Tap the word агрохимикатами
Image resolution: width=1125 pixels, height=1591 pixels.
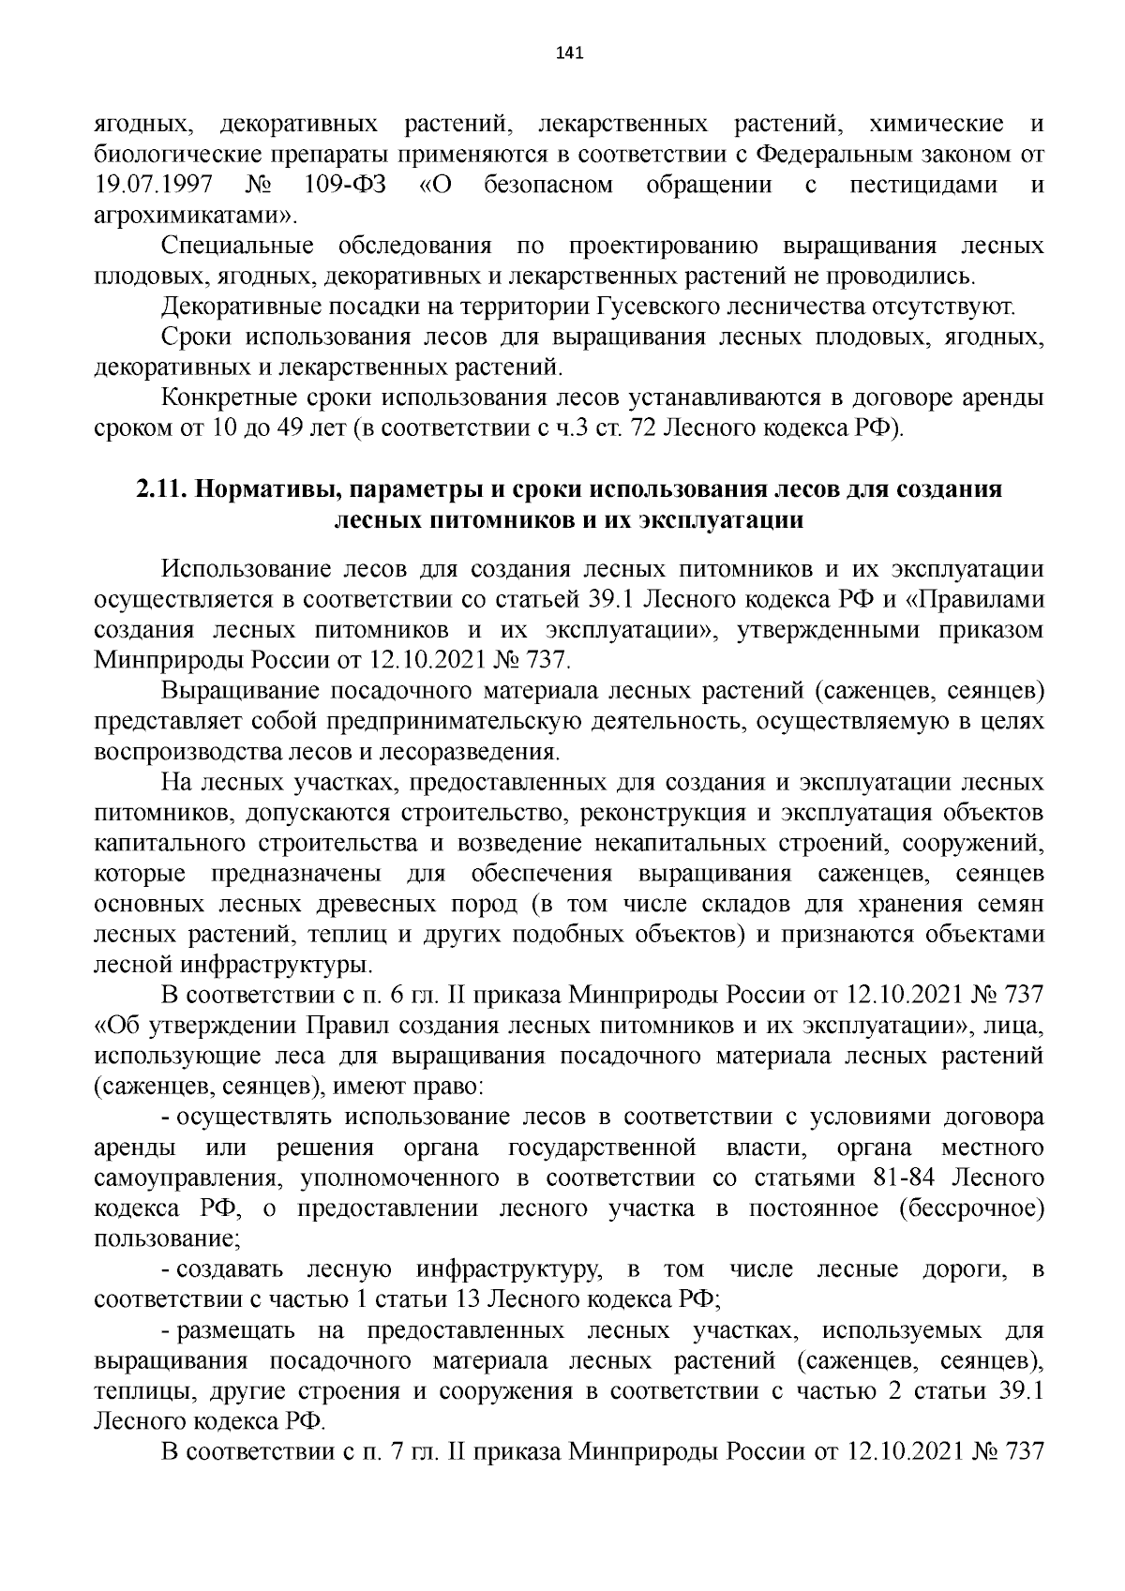pyautogui.click(x=194, y=215)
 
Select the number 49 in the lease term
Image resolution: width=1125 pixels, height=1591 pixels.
pyautogui.click(x=285, y=429)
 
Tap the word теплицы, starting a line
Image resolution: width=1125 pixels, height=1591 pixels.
pyautogui.click(x=138, y=1392)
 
